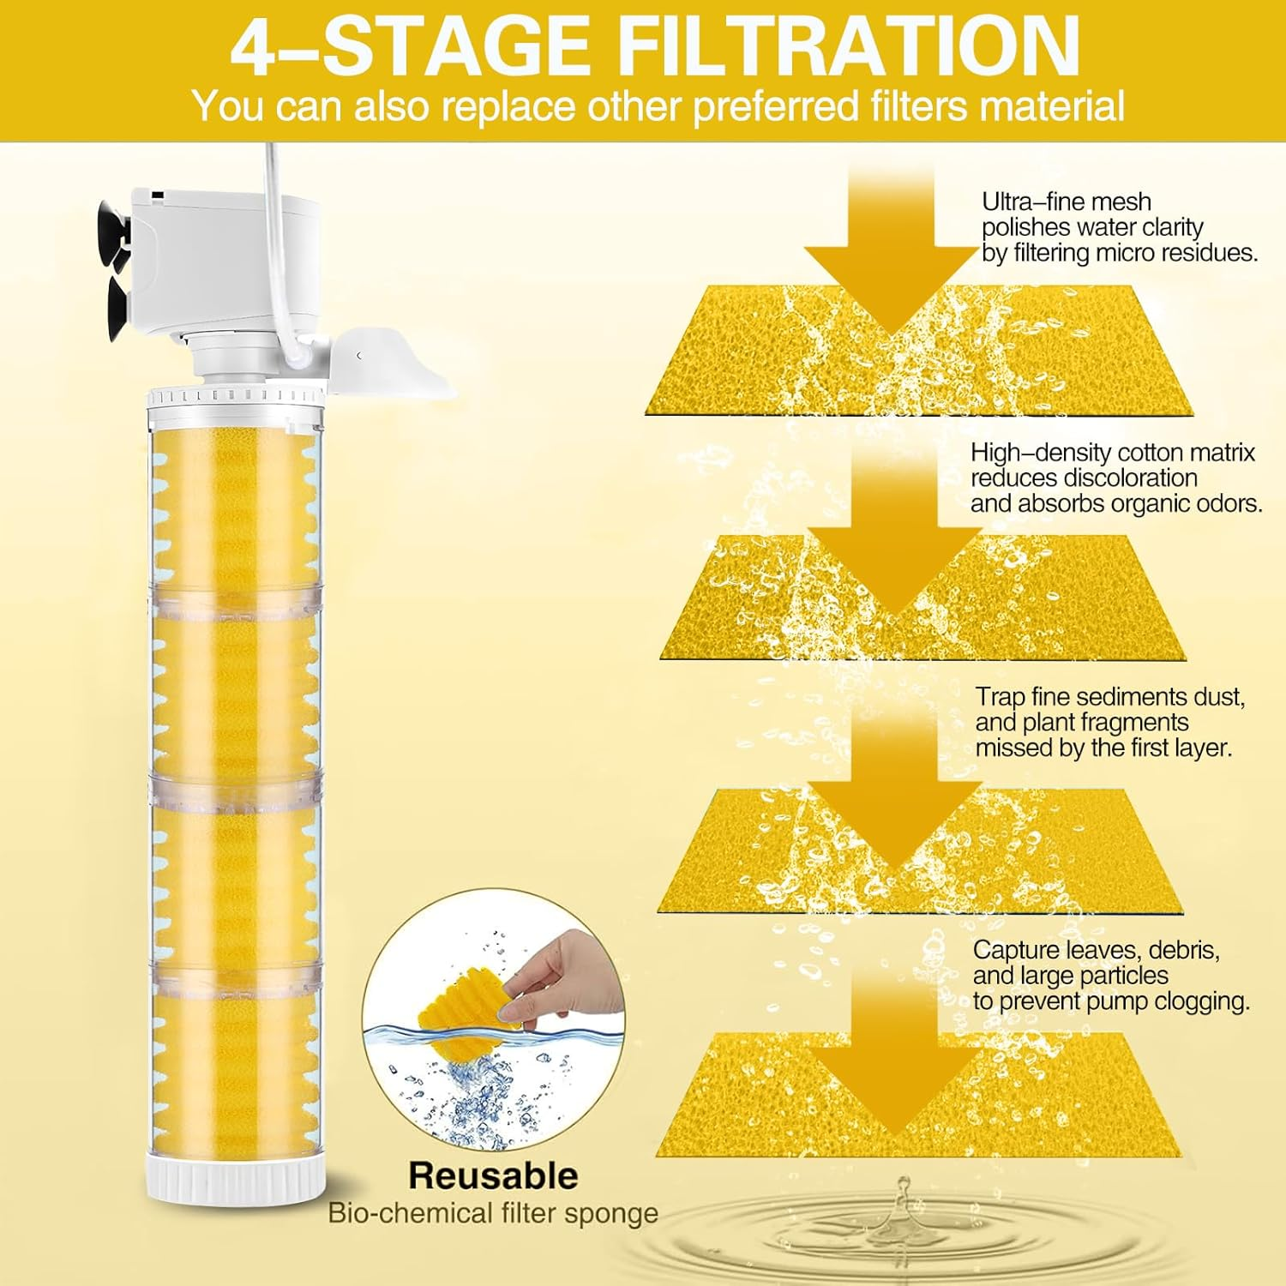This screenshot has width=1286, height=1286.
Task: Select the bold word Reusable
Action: tap(493, 1175)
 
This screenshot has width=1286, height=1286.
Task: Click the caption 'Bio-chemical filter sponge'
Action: tap(493, 1213)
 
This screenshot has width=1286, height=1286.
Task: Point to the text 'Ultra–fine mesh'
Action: tap(1066, 201)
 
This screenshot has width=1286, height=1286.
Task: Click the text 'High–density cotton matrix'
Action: tap(1112, 453)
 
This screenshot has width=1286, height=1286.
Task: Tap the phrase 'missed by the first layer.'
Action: tap(1103, 748)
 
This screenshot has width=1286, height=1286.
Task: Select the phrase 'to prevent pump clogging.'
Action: tap(1111, 1001)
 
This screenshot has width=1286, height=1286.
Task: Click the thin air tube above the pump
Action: tap(273, 167)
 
